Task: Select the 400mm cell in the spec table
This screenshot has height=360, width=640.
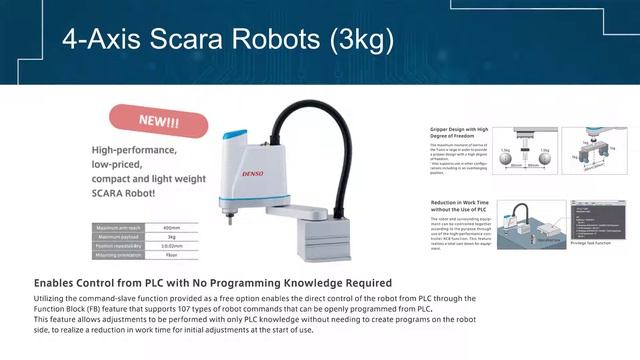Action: [170, 228]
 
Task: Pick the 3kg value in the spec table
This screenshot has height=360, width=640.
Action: [170, 236]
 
